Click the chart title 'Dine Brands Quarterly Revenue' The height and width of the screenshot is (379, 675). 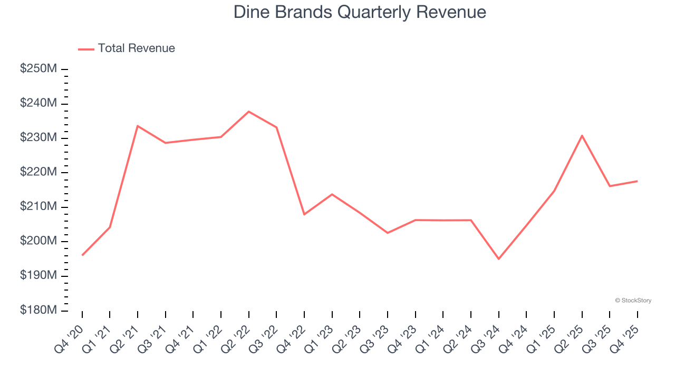point(360,12)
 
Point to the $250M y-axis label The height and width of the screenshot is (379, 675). point(38,69)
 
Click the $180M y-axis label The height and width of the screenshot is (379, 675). point(38,311)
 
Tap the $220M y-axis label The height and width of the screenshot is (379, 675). point(38,173)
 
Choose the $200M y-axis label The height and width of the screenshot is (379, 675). point(38,242)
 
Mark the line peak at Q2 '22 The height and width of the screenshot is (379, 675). point(248,112)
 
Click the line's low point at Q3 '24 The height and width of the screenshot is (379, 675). point(498,259)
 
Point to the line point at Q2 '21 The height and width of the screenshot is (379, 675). point(138,126)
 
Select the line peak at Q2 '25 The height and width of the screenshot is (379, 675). point(582,136)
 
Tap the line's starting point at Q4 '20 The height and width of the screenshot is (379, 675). point(82,255)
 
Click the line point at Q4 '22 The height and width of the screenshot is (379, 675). point(304,214)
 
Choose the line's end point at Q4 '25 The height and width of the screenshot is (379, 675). point(637,181)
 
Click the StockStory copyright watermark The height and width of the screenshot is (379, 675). point(633,301)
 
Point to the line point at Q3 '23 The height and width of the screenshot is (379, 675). point(388,233)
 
